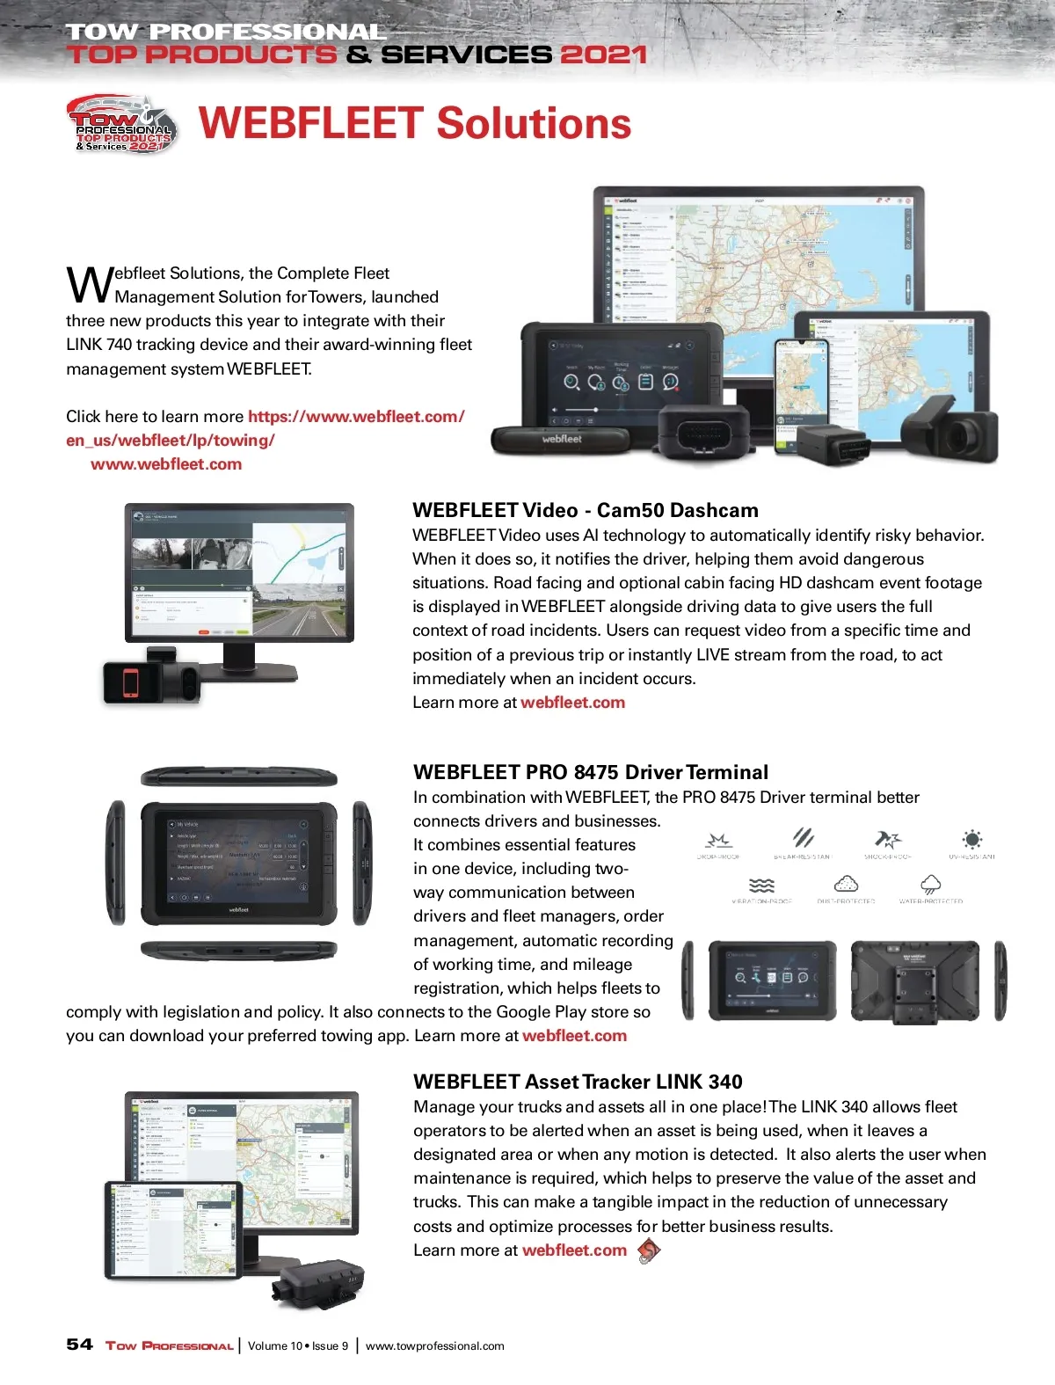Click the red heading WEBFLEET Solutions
(415, 124)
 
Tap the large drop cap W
(89, 284)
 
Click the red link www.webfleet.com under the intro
(166, 464)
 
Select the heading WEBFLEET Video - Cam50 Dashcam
(585, 510)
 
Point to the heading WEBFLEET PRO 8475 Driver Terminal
(591, 772)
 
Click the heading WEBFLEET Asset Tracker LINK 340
(578, 1082)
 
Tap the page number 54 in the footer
(79, 1345)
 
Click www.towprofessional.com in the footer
(434, 1345)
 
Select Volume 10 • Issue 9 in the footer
(298, 1345)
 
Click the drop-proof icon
(719, 840)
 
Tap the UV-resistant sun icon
(971, 839)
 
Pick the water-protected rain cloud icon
(930, 885)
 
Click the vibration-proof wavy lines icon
(761, 885)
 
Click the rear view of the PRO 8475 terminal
(916, 981)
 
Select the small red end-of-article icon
(648, 1250)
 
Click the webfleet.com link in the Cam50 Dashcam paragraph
(572, 703)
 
